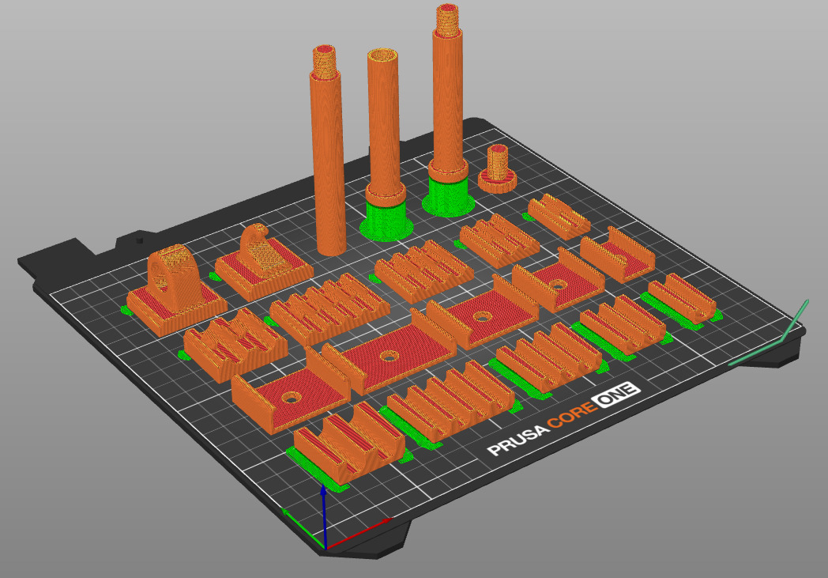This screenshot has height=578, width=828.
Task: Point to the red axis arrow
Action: point(363,531)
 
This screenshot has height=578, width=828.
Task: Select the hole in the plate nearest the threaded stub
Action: point(559,283)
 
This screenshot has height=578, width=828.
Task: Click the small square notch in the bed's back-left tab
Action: point(141,238)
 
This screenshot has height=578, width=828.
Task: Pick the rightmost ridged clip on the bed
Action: point(680,297)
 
